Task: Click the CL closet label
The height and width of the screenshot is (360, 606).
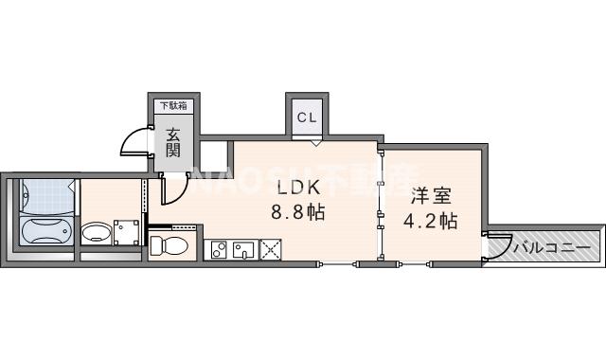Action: (307, 117)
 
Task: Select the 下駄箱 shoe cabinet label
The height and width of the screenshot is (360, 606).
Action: (171, 106)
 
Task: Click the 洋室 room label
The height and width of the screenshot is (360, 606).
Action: (431, 197)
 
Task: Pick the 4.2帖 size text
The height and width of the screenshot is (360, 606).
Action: (431, 223)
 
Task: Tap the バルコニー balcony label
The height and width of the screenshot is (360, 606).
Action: (553, 248)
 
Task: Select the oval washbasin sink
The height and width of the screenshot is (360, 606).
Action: (96, 232)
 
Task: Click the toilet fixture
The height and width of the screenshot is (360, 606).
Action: (170, 246)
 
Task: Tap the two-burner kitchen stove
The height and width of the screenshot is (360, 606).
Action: (217, 250)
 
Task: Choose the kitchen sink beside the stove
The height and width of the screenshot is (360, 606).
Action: (242, 250)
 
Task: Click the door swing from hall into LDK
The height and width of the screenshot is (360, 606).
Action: (172, 189)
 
